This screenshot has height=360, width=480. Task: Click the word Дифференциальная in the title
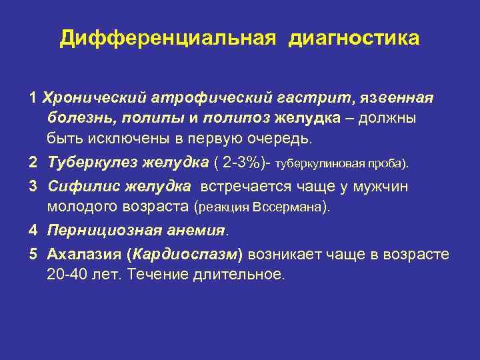(167, 38)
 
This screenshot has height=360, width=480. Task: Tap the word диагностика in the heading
(354, 38)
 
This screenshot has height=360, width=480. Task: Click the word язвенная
(396, 98)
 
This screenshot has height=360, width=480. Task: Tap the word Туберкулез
(87, 164)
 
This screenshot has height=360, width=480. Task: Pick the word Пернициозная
(97, 231)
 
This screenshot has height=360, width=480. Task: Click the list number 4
(33, 231)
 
